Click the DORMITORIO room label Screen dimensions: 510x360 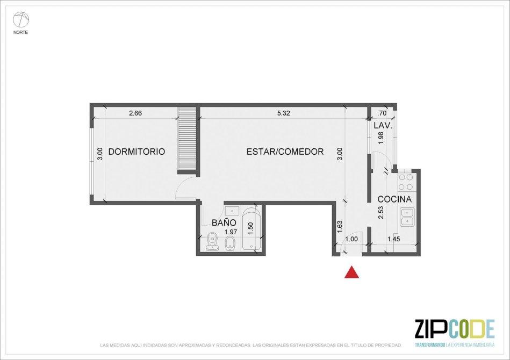[137, 152]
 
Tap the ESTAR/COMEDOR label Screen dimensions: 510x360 [285, 152]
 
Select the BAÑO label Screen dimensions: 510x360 [224, 223]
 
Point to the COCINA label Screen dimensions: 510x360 [394, 199]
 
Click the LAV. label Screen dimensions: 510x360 [383, 125]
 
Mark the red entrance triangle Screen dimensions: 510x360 [352, 272]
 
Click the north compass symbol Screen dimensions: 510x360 [21, 20]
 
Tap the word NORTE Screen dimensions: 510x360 [20, 33]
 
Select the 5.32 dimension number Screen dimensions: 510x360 [283, 113]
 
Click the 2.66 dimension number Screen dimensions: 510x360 [135, 113]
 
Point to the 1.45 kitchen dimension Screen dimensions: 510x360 [393, 239]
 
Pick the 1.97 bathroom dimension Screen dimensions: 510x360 [231, 232]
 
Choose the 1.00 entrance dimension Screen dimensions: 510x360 [351, 239]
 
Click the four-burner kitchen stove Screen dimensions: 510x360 [406, 182]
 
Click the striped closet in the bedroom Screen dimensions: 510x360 [187, 140]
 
